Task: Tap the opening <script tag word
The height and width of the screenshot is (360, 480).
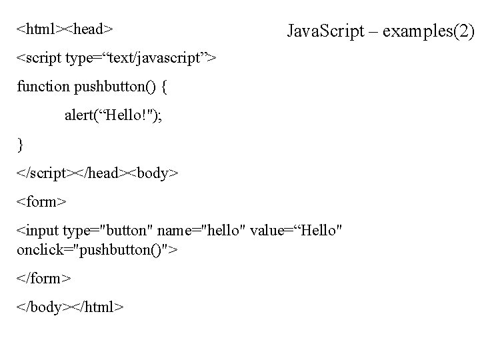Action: click(39, 59)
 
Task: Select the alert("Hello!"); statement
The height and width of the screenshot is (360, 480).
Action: click(113, 115)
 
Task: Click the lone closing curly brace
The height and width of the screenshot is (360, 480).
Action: click(21, 143)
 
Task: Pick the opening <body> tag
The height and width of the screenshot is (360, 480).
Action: click(154, 172)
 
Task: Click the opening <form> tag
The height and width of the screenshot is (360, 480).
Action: click(41, 201)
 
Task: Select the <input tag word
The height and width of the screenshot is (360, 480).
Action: click(38, 231)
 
